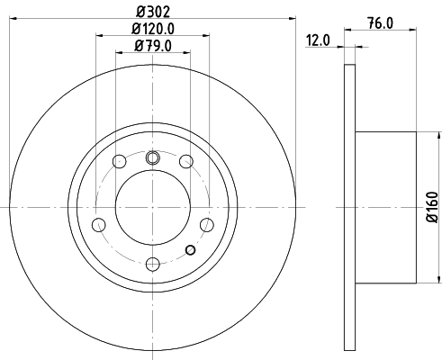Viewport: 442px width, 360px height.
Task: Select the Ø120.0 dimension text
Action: pos(152,29)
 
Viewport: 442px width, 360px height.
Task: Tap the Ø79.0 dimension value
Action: pos(152,46)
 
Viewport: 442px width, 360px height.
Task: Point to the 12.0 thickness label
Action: pos(318,40)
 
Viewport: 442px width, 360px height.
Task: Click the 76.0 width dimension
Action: pos(385,23)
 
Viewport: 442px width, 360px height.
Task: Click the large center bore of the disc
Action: pos(152,206)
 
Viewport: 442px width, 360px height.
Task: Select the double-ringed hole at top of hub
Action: pos(152,159)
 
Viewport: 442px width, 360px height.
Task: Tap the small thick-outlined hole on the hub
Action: pos(189,249)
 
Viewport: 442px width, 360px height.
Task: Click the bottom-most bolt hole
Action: pos(152,264)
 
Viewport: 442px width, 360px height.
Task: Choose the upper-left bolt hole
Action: pos(119,162)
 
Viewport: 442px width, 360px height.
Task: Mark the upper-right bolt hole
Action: pos(186,162)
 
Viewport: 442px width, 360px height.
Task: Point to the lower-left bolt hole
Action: pos(99,224)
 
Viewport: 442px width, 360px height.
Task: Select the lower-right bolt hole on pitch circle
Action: pos(206,224)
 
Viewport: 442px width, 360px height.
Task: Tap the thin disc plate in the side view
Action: pos(350,206)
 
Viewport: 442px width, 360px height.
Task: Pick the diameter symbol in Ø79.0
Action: pos(136,46)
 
